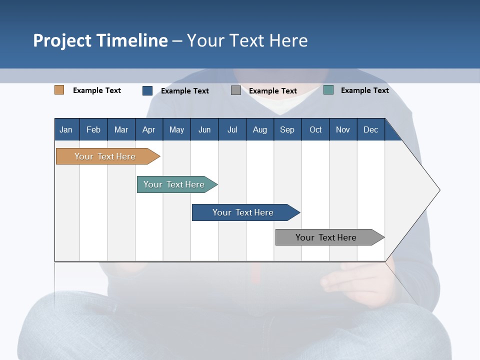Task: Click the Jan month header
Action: pyautogui.click(x=66, y=129)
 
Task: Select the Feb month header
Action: pyautogui.click(x=93, y=129)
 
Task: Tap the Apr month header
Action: pyautogui.click(x=148, y=129)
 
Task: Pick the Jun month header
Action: pyautogui.click(x=204, y=129)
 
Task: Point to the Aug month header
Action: pyautogui.click(x=259, y=129)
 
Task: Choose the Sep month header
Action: pyautogui.click(x=287, y=129)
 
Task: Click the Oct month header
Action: pyautogui.click(x=315, y=129)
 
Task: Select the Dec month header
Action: pyautogui.click(x=370, y=129)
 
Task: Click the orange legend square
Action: pyautogui.click(x=59, y=90)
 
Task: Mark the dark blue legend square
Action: pyautogui.click(x=147, y=90)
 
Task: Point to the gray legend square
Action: pyautogui.click(x=235, y=90)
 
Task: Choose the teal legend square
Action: pyautogui.click(x=328, y=90)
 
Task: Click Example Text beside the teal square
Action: pyautogui.click(x=364, y=90)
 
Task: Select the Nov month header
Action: pyautogui.click(x=342, y=129)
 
